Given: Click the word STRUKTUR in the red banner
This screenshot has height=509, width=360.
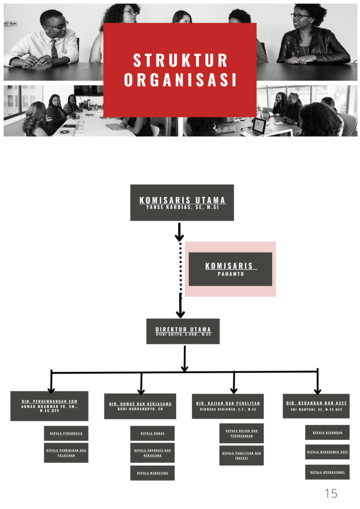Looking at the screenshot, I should pyautogui.click(x=180, y=60).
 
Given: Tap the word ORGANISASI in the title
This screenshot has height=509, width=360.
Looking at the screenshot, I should pyautogui.click(x=180, y=80).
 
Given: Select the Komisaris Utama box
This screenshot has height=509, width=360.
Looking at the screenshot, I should pyautogui.click(x=182, y=203).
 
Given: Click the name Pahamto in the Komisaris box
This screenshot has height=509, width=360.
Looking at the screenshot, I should pyautogui.click(x=231, y=274).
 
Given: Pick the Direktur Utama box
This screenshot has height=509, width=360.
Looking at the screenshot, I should pyautogui.click(x=183, y=331).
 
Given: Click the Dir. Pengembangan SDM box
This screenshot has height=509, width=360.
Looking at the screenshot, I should pyautogui.click(x=49, y=406).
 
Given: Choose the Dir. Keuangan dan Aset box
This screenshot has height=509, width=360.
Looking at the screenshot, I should pyautogui.click(x=316, y=406).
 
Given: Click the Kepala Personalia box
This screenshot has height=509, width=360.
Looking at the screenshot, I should pyautogui.click(x=66, y=433).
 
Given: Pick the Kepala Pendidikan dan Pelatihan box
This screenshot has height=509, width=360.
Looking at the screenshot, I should pyautogui.click(x=66, y=452).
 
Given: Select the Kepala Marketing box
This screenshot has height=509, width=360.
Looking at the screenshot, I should pyautogui.click(x=152, y=473).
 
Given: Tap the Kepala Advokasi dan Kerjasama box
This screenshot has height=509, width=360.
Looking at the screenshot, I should pyautogui.click(x=152, y=452).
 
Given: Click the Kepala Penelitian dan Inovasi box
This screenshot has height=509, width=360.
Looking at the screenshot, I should pyautogui.click(x=242, y=455).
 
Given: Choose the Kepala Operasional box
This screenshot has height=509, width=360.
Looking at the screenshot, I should pyautogui.click(x=327, y=472).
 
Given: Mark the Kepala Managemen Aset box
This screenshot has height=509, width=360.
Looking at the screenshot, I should pyautogui.click(x=327, y=452).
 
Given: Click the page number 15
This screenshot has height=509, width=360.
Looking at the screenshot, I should pyautogui.click(x=331, y=494).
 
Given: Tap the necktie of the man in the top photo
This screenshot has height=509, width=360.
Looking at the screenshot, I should pyautogui.click(x=54, y=48).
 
